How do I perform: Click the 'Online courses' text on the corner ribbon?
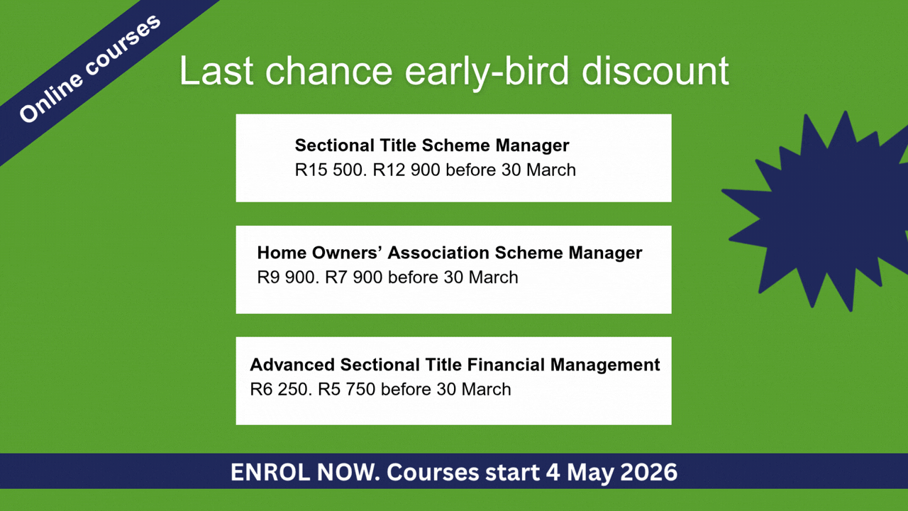coord(90,69)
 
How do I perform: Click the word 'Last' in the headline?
coord(216,71)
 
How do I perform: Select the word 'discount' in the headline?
coord(655,70)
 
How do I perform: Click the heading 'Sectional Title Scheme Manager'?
coord(432,145)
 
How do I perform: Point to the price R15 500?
coord(331,170)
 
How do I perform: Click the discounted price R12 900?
coord(406,170)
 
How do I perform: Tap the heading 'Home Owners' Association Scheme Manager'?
coord(450,253)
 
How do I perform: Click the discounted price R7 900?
coord(354,278)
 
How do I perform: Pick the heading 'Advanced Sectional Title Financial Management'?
coord(455,365)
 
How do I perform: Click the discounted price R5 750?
coord(347,390)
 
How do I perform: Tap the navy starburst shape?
coord(819,211)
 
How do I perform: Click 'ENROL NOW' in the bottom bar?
coord(305,472)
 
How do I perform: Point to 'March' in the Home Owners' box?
coord(493,278)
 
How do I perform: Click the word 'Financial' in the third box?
coord(505,365)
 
